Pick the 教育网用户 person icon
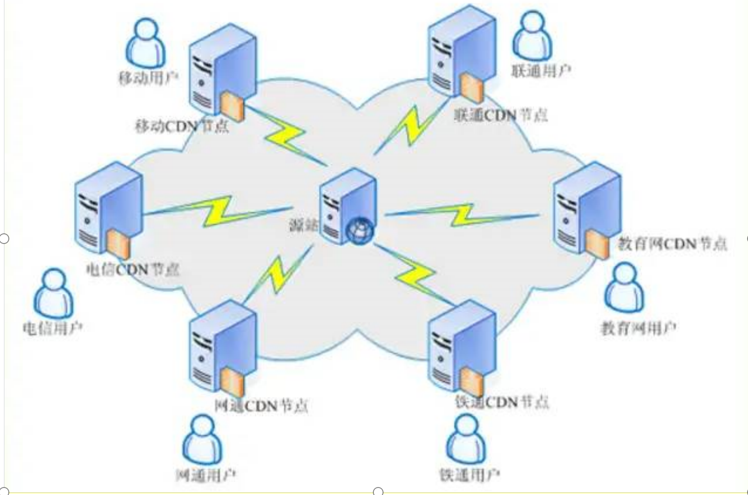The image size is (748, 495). point(624,287)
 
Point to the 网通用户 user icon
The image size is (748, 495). point(202,439)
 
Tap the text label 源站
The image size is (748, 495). point(303,226)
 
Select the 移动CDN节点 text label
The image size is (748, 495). point(182,127)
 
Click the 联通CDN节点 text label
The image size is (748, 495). point(501,115)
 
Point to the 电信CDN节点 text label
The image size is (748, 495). point(133,269)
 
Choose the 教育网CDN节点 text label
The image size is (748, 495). point(672,244)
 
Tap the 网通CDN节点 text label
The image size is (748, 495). point(261,405)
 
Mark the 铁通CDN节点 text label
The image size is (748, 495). point(502,402)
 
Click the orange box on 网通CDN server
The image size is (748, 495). point(232,382)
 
